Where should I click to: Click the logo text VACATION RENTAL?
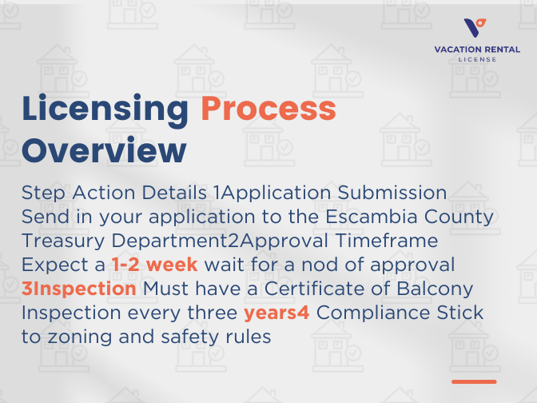[476, 50]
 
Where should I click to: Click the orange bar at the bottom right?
[474, 381]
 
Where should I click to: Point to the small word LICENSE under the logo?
[476, 59]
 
